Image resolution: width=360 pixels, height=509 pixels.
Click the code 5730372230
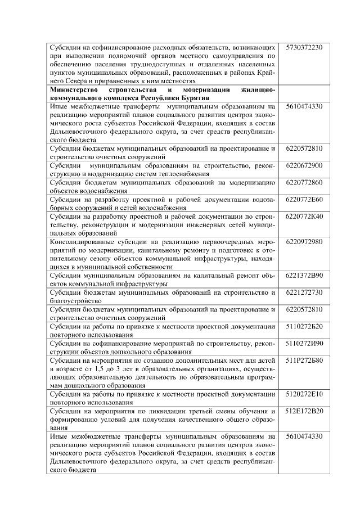point(304,47)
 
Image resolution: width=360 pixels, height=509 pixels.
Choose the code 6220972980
point(304,241)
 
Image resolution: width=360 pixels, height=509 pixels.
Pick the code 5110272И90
point(304,343)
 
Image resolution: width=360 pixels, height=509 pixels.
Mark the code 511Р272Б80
point(304,359)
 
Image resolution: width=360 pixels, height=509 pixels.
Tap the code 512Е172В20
point(304,411)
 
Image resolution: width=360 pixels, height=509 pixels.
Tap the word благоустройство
point(76,301)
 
